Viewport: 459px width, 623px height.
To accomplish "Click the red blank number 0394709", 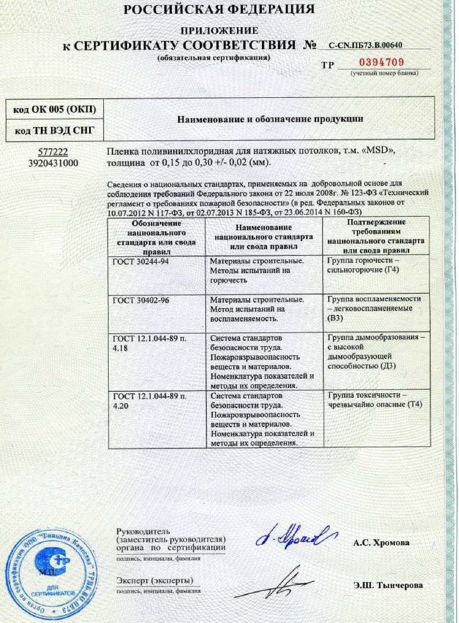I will (381, 62).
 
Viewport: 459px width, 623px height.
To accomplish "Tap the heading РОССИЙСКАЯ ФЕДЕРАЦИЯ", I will (219, 9).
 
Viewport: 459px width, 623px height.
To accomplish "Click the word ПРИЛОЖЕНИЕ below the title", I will (219, 31).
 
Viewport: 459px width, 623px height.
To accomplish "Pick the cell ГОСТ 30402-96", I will (141, 300).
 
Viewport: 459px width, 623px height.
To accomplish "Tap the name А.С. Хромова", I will (382, 543).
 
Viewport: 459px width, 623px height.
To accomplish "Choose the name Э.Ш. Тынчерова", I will (388, 586).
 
